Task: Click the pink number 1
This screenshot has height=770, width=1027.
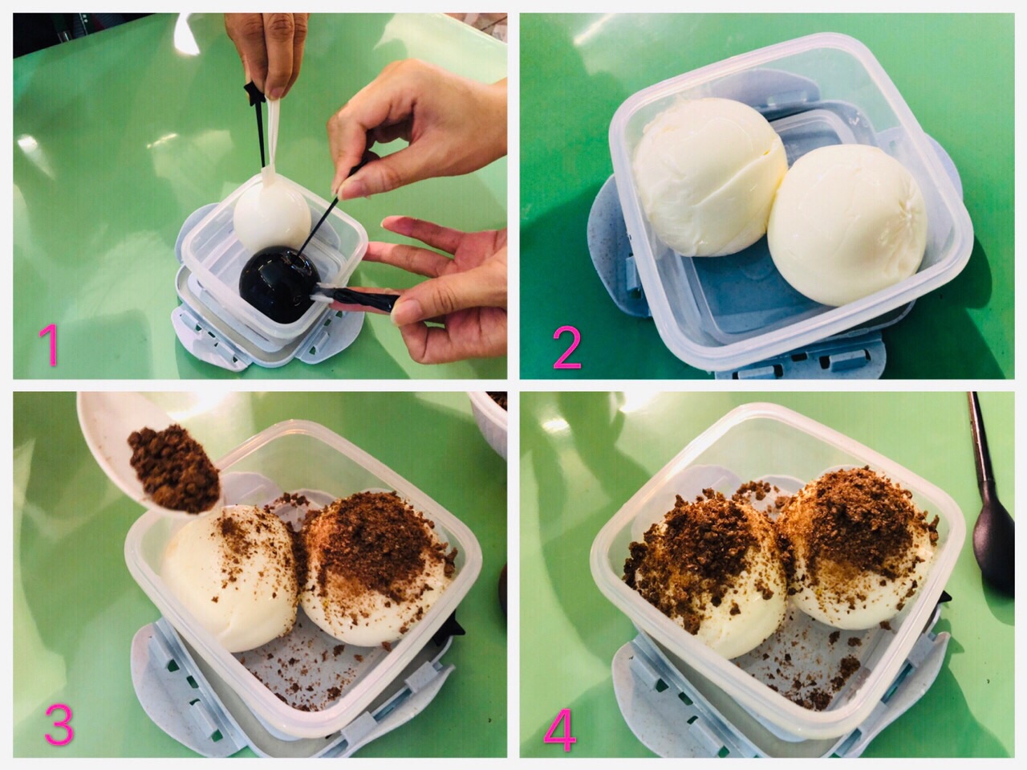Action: point(48,344)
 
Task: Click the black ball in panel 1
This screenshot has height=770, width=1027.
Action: point(280,284)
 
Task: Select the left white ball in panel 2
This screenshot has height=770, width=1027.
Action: point(708,177)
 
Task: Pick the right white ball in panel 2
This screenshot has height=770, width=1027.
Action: point(846,225)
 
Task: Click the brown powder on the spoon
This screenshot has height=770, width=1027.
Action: point(174,466)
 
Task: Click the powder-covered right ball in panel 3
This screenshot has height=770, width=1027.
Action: point(375,568)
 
